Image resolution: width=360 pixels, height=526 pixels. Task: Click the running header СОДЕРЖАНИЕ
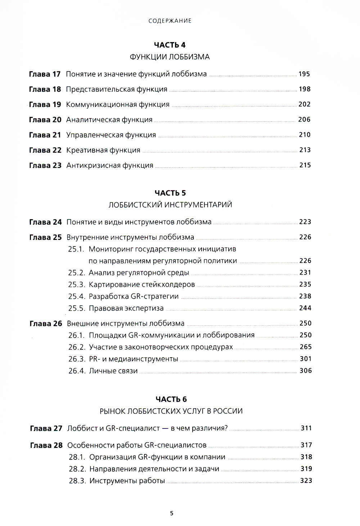[170, 21]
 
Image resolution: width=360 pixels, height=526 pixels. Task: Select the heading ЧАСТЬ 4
[170, 45]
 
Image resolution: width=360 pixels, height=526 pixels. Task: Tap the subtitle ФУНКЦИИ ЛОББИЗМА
[170, 57]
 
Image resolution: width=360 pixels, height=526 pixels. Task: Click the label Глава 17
[45, 74]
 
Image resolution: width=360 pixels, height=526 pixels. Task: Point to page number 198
[305, 89]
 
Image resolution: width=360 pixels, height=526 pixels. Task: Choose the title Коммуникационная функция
[118, 104]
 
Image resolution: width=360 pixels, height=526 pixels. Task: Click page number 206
[304, 119]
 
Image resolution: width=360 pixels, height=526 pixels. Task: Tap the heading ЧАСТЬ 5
[170, 193]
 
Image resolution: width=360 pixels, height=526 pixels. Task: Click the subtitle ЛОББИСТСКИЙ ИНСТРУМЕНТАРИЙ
[170, 205]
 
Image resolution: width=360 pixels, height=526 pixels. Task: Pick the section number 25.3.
[76, 285]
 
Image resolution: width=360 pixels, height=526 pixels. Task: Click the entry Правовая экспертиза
[126, 308]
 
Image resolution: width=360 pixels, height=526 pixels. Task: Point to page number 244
[305, 308]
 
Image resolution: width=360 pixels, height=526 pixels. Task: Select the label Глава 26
[46, 323]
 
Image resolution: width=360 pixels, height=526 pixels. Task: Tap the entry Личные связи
[113, 371]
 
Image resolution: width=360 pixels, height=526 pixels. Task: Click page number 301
[306, 359]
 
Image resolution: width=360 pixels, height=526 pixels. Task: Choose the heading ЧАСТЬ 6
[171, 399]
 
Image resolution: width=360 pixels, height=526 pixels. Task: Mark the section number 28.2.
[77, 469]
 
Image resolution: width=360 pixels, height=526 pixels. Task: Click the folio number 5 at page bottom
[172, 513]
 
